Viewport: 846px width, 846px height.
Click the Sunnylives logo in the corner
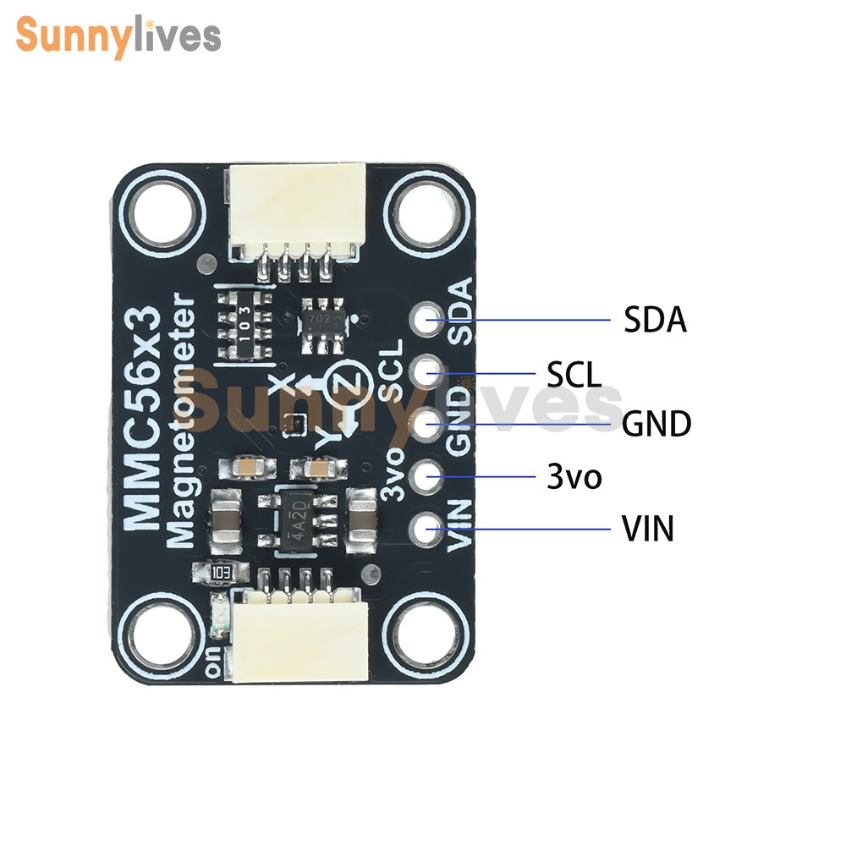(118, 36)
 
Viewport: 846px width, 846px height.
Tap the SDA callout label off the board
(655, 321)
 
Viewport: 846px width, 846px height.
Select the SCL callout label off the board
(573, 374)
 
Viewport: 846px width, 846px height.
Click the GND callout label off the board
(656, 424)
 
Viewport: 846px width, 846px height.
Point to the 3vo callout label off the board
(574, 477)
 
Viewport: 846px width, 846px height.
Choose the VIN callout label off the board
(648, 530)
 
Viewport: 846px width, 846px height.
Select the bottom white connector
(300, 639)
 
